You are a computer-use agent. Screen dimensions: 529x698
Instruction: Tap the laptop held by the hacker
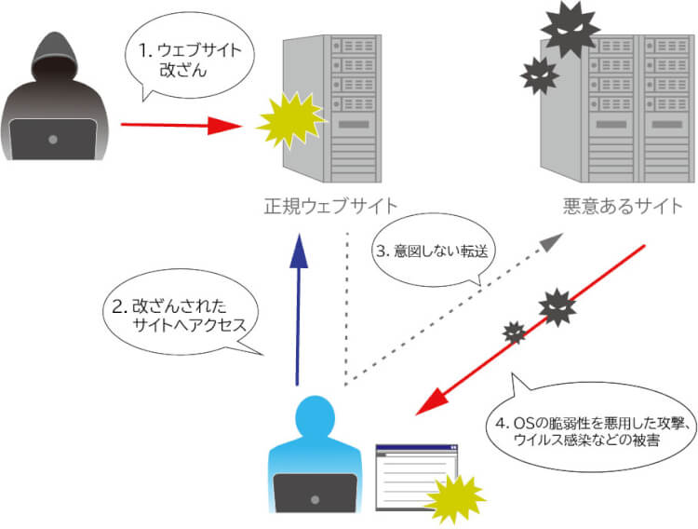coord(54,140)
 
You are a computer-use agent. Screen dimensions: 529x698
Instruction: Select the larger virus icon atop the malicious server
coord(570,31)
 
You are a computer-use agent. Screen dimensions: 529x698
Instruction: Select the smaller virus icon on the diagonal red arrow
coord(514,332)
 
